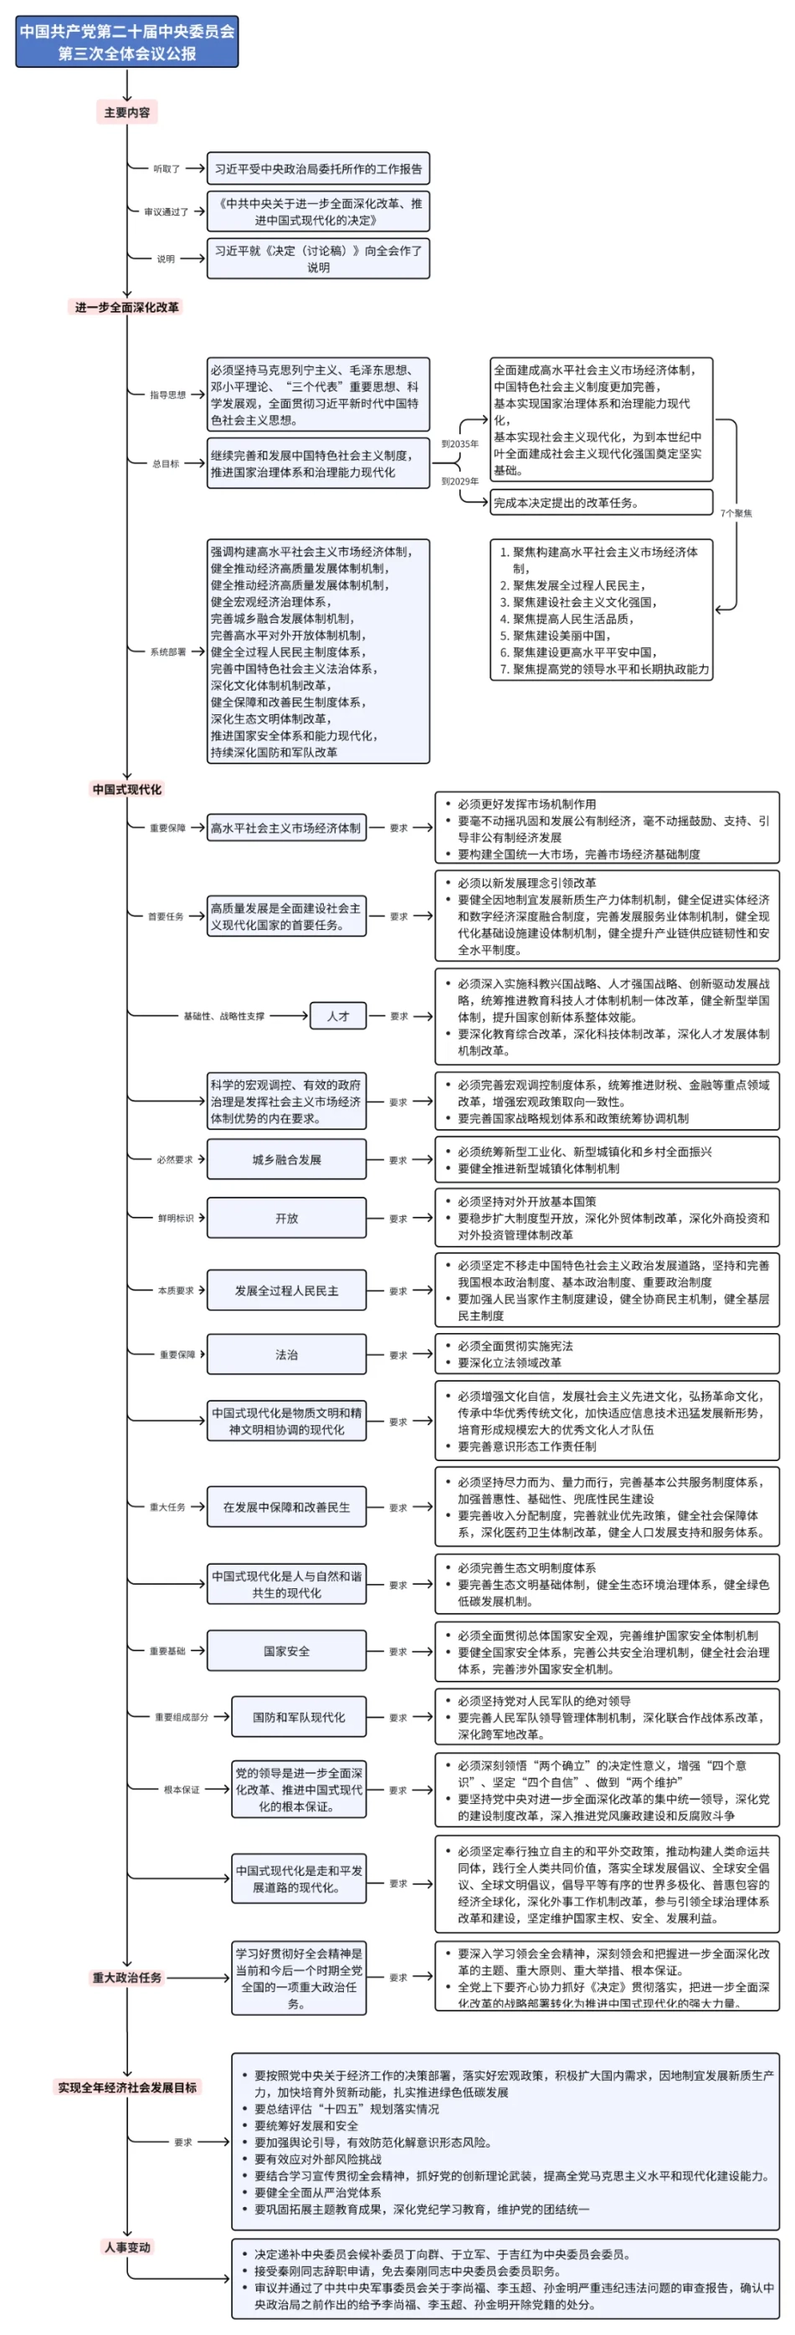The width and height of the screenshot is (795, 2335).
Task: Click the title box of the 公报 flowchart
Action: click(127, 42)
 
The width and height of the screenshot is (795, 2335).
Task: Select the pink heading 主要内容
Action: click(127, 112)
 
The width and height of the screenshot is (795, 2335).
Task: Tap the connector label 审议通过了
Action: click(166, 212)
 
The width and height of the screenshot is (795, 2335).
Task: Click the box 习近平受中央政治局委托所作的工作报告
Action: click(318, 169)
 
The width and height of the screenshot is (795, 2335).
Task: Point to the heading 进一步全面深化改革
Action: click(127, 307)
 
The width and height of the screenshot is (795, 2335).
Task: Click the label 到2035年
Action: click(459, 444)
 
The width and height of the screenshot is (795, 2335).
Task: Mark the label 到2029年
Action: click(459, 482)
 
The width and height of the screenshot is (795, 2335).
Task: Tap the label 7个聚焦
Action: click(736, 513)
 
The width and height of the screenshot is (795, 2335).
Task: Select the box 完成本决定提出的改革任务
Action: click(601, 502)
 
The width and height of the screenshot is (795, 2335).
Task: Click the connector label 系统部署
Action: click(167, 651)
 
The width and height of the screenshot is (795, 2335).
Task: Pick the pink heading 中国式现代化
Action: click(127, 789)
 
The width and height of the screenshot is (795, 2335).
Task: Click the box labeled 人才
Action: click(338, 1016)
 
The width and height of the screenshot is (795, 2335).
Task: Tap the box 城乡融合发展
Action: click(286, 1159)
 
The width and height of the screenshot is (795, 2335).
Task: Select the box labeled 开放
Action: click(286, 1219)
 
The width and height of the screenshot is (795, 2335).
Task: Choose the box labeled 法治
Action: click(286, 1354)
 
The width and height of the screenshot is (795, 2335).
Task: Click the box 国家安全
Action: click(286, 1651)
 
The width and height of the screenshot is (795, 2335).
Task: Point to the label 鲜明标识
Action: click(175, 1219)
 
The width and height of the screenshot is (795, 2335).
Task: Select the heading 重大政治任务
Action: click(127, 1977)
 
